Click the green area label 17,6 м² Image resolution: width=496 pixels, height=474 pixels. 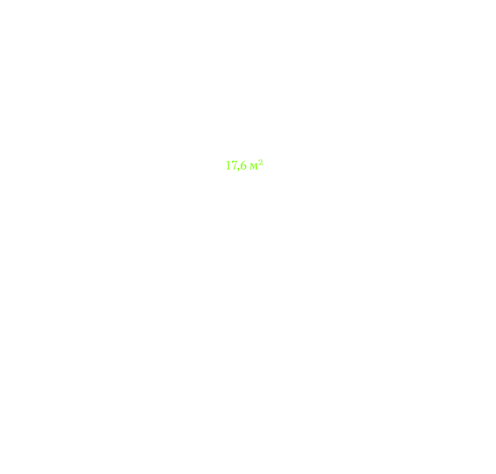244,165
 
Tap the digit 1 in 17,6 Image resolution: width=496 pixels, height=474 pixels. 228,165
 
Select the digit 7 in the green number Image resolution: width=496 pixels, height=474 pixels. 233,165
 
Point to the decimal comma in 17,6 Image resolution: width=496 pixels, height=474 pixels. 237,170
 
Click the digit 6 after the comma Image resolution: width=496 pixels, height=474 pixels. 243,165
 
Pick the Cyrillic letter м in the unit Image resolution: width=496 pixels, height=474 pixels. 254,166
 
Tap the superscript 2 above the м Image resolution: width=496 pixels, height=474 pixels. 261,162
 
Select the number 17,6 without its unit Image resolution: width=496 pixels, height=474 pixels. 235,165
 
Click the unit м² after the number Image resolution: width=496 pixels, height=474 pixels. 256,165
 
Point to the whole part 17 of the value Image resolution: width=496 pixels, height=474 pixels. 230,165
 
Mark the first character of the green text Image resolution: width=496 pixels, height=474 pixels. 228,165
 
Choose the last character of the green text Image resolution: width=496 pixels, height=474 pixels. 261,162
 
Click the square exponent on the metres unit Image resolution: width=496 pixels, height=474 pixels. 261,162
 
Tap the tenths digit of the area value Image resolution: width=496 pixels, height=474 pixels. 243,165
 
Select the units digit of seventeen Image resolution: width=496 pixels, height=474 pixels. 233,165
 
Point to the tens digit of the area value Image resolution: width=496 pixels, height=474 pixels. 228,165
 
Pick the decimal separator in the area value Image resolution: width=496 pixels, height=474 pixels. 237,170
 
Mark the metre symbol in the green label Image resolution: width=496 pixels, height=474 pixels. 254,166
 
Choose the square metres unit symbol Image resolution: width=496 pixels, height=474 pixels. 256,165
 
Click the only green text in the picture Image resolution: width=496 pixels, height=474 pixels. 244,165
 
